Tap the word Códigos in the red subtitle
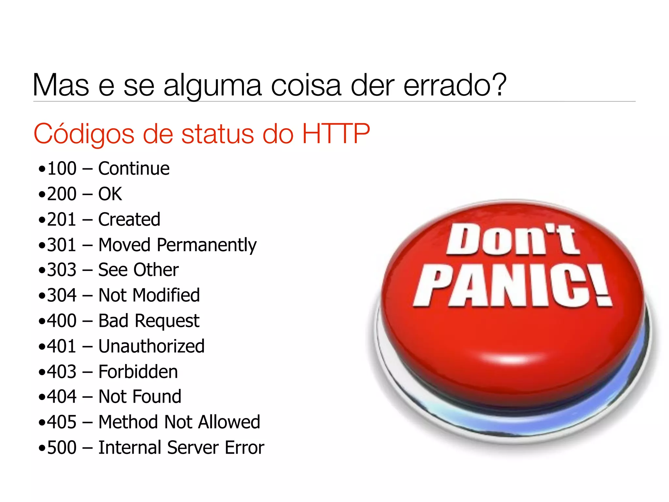pyautogui.click(x=84, y=134)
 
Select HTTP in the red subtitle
pyautogui.click(x=336, y=134)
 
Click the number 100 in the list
pyautogui.click(x=62, y=169)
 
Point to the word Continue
pyautogui.click(x=134, y=169)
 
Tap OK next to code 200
pyautogui.click(x=110, y=194)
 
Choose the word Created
pyautogui.click(x=129, y=219)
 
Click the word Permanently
pyautogui.click(x=207, y=245)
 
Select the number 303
pyautogui.click(x=62, y=270)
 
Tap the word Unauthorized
pyautogui.click(x=152, y=346)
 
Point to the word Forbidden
pyautogui.click(x=138, y=372)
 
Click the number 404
pyautogui.click(x=62, y=397)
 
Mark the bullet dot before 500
pyautogui.click(x=41, y=448)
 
